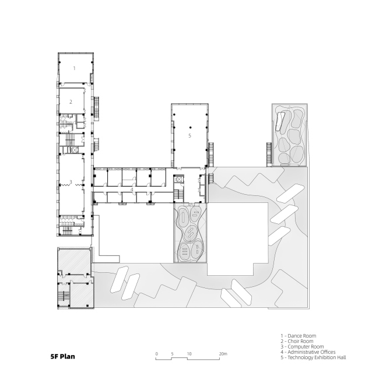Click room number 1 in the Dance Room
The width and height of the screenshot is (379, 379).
pyautogui.click(x=74, y=68)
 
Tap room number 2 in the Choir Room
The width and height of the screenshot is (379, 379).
pyautogui.click(x=71, y=102)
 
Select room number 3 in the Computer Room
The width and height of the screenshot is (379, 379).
pyautogui.click(x=71, y=182)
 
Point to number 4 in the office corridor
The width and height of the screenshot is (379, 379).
pyautogui.click(x=132, y=189)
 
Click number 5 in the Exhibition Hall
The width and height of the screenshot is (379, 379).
pyautogui.click(x=189, y=136)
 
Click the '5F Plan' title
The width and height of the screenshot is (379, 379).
pyautogui.click(x=62, y=356)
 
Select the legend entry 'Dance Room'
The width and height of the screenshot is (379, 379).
pyautogui.click(x=301, y=336)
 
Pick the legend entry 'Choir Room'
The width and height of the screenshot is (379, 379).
pyautogui.click(x=300, y=341)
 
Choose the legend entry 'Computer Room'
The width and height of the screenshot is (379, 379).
pyautogui.click(x=306, y=346)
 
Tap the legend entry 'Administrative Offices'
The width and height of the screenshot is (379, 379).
pyautogui.click(x=311, y=352)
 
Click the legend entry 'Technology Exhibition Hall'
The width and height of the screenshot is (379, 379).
pyautogui.click(x=317, y=357)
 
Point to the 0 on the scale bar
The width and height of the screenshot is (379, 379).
pyautogui.click(x=157, y=354)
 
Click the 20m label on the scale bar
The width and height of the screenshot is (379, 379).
pyautogui.click(x=223, y=354)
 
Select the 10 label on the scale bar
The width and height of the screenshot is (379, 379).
pyautogui.click(x=189, y=354)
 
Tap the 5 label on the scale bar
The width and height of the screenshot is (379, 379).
pyautogui.click(x=172, y=354)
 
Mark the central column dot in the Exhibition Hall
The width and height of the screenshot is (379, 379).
pyautogui.click(x=191, y=127)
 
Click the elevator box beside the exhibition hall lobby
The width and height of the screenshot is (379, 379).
pyautogui.click(x=180, y=179)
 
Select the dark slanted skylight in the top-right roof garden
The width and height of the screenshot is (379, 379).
pyautogui.click(x=280, y=122)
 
